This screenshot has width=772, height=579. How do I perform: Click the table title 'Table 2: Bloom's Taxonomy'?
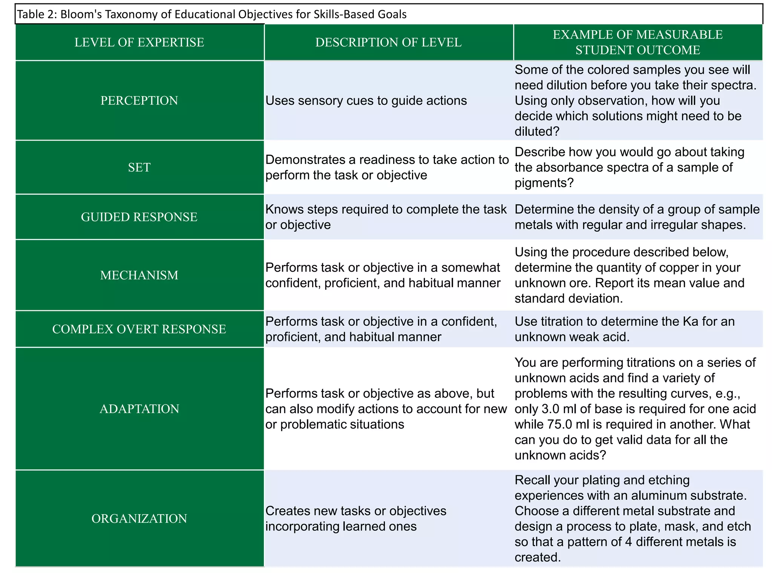point(211,14)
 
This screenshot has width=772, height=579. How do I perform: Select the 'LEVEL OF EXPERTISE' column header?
point(139,42)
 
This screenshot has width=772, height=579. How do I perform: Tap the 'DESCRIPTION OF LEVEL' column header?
point(388,42)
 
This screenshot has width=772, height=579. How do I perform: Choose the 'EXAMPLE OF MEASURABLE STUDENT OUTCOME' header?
point(637,42)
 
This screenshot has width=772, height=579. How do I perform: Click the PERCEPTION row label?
point(139,101)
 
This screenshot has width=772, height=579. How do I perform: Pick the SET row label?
point(139,167)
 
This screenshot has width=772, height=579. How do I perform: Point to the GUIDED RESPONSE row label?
point(139,217)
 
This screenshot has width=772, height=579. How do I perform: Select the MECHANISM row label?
point(139,275)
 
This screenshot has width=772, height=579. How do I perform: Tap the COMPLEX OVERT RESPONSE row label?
point(139,329)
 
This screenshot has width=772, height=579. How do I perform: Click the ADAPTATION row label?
point(139,409)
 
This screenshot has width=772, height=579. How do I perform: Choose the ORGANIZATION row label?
point(139,519)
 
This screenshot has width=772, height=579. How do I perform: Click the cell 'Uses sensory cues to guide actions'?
point(366,101)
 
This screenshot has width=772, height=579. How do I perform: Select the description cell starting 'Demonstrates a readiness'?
point(387,167)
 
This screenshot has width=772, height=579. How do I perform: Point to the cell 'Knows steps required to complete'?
point(386,217)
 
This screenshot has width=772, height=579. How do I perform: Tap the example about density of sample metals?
point(637,217)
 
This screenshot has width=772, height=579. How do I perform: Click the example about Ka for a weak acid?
point(624,329)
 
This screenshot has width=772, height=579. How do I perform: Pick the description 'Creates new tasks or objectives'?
point(355,519)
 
